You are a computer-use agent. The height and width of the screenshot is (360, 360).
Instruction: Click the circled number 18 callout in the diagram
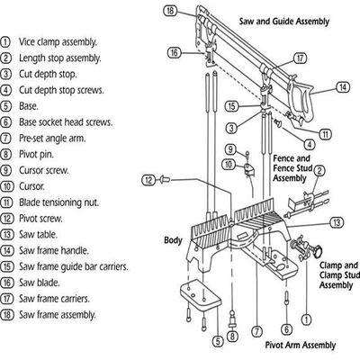point(170,11)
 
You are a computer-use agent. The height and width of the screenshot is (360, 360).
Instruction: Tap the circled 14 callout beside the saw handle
point(343,87)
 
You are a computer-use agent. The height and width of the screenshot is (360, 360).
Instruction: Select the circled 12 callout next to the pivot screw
point(148,180)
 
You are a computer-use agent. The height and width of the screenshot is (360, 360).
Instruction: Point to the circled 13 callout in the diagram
point(337,222)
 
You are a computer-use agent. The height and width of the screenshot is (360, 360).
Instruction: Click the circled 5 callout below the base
point(218,341)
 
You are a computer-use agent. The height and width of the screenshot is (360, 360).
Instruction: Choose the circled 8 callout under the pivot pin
point(232,337)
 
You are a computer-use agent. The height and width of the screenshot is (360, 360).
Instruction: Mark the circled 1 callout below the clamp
point(306,319)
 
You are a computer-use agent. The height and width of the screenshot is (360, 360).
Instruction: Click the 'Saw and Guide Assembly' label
point(284,22)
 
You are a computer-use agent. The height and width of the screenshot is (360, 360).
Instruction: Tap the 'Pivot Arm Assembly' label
point(301,345)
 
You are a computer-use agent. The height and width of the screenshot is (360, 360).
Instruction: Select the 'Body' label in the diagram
point(173,240)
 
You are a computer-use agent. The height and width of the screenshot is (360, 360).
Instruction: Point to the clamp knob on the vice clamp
point(318,250)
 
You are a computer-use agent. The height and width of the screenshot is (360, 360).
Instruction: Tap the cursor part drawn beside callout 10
point(249,169)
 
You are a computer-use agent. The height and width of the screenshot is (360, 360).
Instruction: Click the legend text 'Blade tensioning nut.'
point(58,202)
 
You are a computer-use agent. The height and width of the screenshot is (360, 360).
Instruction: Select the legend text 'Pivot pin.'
point(36,155)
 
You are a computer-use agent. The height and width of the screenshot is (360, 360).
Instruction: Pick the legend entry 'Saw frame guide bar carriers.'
point(74,266)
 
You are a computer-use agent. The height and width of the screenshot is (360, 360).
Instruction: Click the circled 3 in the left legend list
point(5,74)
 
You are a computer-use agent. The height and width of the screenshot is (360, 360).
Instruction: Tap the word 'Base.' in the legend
point(29,106)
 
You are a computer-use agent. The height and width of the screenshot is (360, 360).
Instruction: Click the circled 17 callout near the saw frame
point(300,58)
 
